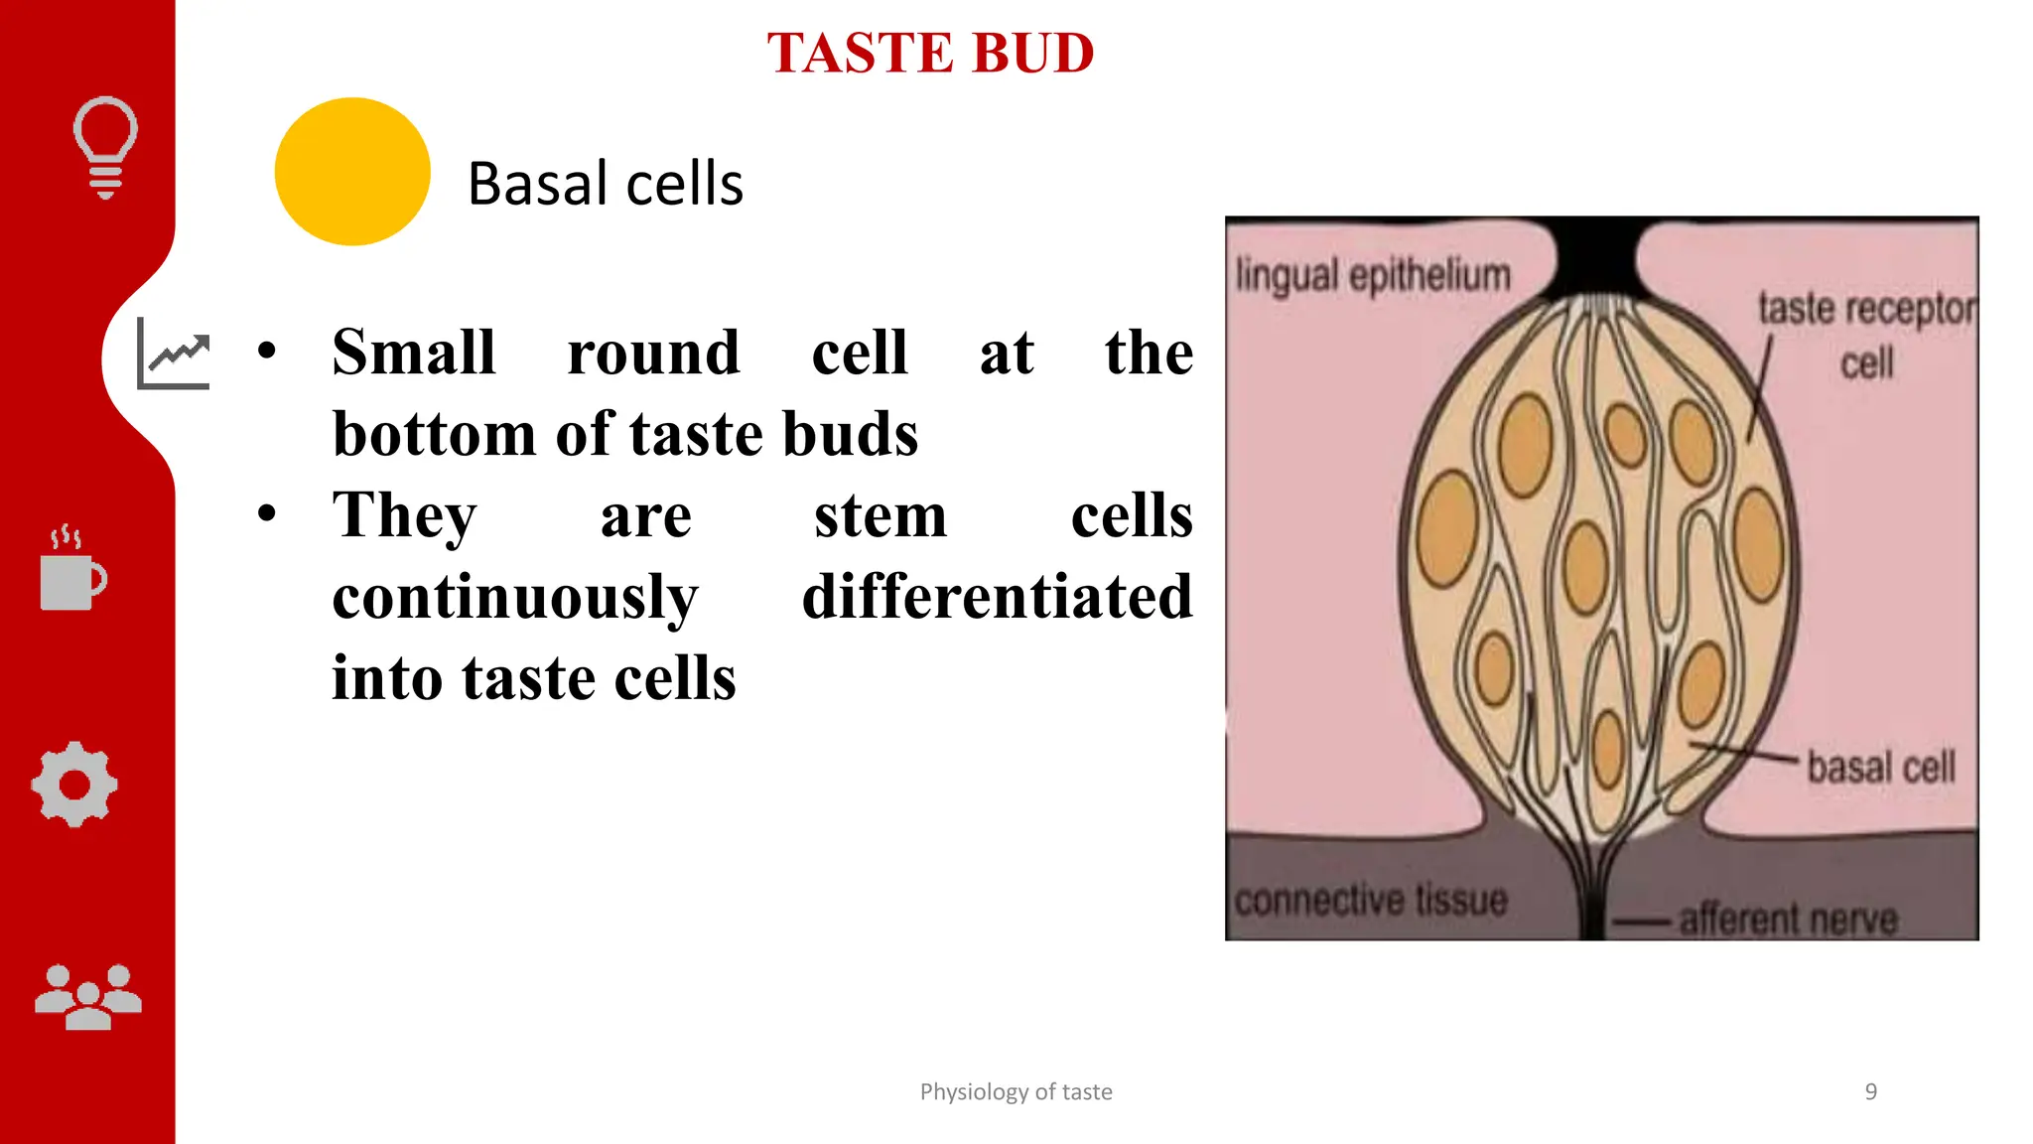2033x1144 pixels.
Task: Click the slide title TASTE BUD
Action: (x=930, y=54)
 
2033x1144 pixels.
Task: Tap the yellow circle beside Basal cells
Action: (x=352, y=172)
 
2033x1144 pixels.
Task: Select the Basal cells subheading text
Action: (x=605, y=184)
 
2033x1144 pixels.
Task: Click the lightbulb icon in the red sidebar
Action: (x=105, y=147)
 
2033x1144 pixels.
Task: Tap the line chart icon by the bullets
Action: (x=175, y=355)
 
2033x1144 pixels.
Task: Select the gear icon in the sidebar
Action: (x=74, y=785)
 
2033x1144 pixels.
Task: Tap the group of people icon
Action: (x=88, y=997)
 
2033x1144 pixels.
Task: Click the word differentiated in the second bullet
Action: (x=997, y=597)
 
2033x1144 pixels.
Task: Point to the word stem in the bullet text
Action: (x=881, y=515)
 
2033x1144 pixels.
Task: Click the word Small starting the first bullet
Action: (x=414, y=353)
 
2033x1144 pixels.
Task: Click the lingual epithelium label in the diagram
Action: (x=1373, y=275)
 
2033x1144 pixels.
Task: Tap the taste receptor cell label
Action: (x=1866, y=335)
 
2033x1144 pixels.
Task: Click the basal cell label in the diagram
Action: (x=1880, y=767)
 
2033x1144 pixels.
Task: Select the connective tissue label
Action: (x=1370, y=900)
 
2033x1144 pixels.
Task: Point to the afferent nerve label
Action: (x=1788, y=919)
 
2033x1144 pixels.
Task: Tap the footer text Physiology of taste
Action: (x=1016, y=1092)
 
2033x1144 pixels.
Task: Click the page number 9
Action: (x=1870, y=1092)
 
